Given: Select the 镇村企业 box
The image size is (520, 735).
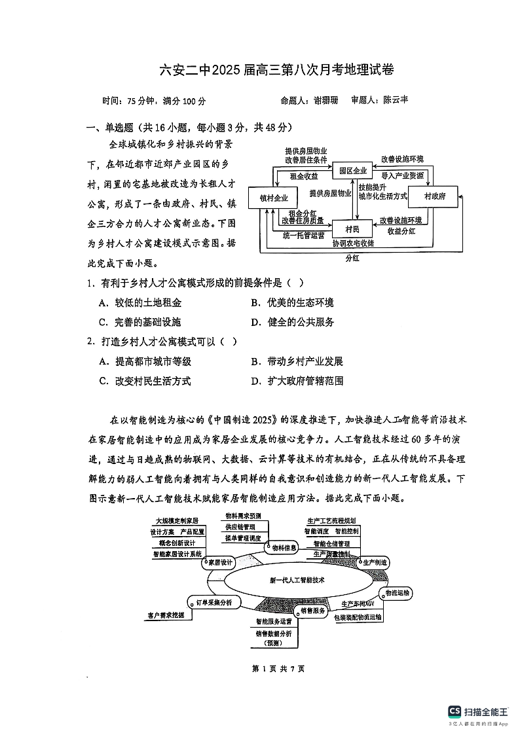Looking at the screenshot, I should pos(274,197).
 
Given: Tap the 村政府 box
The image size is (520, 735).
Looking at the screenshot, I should pos(434,196).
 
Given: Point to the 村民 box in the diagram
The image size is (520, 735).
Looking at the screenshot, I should pos(352,228).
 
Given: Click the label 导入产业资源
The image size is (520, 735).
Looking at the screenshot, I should pos(402,175).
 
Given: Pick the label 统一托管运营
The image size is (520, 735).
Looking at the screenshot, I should pos(303,234).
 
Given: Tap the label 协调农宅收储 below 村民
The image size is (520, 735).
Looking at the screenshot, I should pos(352,243).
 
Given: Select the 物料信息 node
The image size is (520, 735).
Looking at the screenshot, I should pos(284,547).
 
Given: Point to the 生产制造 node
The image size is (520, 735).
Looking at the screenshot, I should pos(375,562).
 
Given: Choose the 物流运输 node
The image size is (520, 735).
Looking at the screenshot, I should pos(398,592).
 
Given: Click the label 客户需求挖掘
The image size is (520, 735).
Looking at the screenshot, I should pos(166,615).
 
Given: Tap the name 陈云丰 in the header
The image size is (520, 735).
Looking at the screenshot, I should pos(396,100).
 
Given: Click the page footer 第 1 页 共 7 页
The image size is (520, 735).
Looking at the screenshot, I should pos(261,668).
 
